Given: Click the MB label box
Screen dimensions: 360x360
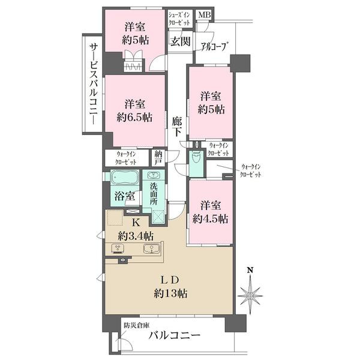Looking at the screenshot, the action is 205,15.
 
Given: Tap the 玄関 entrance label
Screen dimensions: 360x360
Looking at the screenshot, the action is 180,41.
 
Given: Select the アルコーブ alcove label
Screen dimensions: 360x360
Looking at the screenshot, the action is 215,47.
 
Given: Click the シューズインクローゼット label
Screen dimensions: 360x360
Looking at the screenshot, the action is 179,19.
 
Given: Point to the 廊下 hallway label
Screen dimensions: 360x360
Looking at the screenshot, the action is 177,127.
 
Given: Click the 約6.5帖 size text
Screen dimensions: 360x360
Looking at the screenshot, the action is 134,118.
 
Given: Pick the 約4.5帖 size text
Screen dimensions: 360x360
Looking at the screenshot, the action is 211,218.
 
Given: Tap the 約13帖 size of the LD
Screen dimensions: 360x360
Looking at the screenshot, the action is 170,293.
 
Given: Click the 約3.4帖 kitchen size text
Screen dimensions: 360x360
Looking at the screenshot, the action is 136,235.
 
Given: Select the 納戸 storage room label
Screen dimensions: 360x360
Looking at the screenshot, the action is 158,157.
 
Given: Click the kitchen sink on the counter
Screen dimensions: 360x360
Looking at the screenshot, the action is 151,248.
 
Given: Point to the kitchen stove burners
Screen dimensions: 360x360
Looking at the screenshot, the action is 118,248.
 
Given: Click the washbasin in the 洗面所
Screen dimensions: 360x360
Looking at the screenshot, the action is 153,175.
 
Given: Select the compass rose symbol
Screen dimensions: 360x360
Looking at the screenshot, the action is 250,295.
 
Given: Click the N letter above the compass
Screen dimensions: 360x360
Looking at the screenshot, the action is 250,270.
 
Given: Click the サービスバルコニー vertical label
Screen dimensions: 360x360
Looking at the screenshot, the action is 94,84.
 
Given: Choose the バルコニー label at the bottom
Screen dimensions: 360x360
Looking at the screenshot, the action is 175,335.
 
